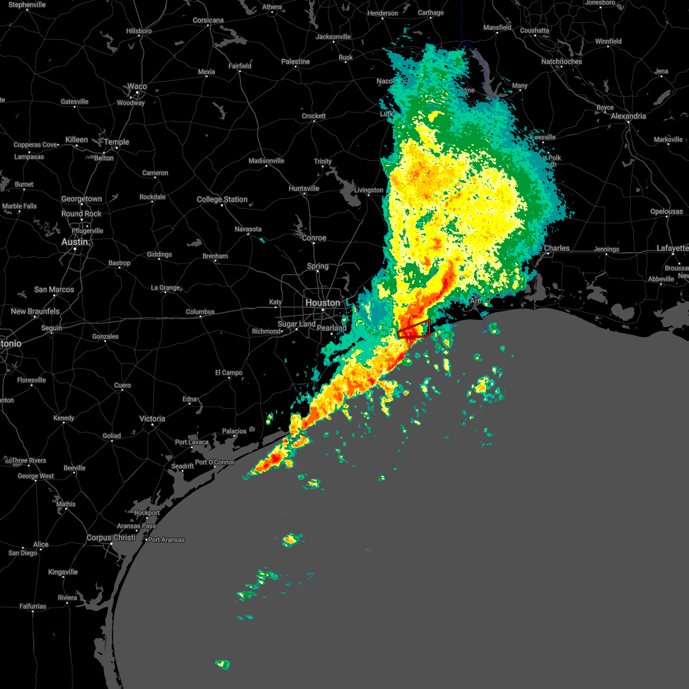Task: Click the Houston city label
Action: tap(323, 303)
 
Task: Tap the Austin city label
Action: tap(75, 242)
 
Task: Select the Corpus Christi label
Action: tap(111, 538)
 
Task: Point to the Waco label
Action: tap(137, 87)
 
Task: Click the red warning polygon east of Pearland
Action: tap(415, 328)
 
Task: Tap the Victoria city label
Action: tap(152, 419)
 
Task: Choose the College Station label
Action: tap(222, 199)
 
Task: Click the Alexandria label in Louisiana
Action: tap(628, 116)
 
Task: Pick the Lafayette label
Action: tap(672, 248)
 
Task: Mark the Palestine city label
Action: tap(296, 61)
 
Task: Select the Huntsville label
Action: tap(304, 188)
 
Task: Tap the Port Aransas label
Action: tap(167, 540)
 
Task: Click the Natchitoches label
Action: tap(562, 61)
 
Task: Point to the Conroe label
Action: tap(314, 238)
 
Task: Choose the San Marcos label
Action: tap(54, 289)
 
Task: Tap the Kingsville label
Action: tap(63, 572)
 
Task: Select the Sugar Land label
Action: tap(297, 324)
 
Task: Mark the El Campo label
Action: tap(229, 373)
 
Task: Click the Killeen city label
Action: tap(76, 140)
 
